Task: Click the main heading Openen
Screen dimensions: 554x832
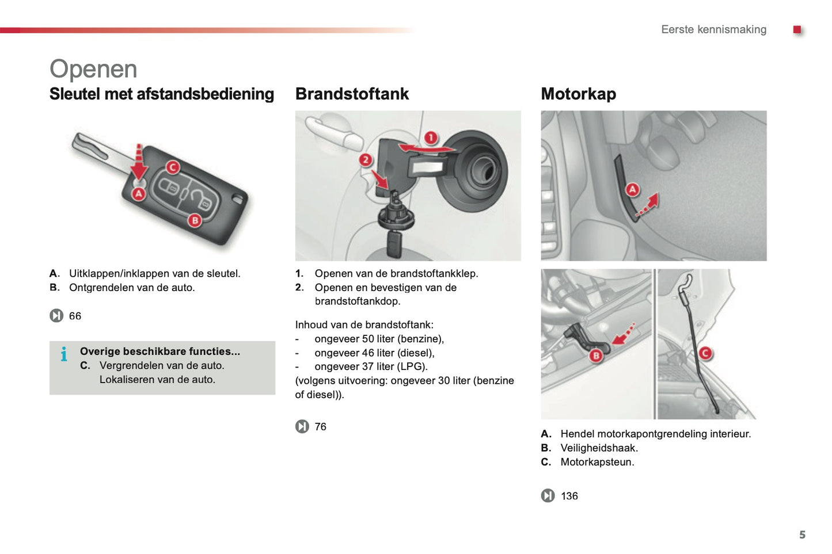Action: (x=93, y=69)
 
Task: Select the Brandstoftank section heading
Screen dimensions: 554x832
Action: (x=352, y=94)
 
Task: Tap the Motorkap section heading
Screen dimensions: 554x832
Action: (x=578, y=94)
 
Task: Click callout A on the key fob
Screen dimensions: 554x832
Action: (x=139, y=194)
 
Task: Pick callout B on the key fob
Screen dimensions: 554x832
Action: (x=195, y=220)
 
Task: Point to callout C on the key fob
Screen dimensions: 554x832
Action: (x=173, y=167)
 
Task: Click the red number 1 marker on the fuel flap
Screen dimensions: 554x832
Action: (x=431, y=138)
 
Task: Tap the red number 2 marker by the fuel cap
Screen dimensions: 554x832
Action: (x=366, y=160)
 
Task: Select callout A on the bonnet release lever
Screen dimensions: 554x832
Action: (x=632, y=189)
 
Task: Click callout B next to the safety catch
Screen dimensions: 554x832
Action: (x=596, y=356)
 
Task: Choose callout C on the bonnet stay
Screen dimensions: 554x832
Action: (x=705, y=353)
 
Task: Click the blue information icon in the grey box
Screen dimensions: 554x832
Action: (x=64, y=354)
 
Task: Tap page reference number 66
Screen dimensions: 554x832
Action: (x=75, y=316)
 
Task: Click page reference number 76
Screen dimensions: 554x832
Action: (x=320, y=426)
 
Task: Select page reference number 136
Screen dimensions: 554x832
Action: (x=569, y=496)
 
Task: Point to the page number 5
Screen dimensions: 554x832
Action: (x=802, y=534)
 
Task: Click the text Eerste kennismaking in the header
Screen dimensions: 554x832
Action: (x=713, y=29)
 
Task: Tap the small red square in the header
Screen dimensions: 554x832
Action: (x=797, y=29)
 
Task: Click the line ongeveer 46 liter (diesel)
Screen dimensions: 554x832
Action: (x=374, y=353)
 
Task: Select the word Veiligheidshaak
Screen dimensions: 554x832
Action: (x=599, y=448)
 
